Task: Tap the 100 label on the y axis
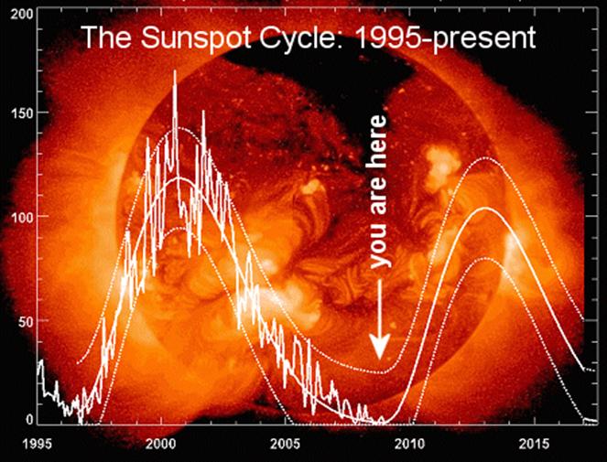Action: (16, 216)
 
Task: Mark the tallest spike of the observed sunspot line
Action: (175, 71)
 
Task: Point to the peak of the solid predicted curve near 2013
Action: (485, 209)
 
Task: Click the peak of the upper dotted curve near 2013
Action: (485, 158)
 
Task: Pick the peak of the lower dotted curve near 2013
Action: (485, 259)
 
